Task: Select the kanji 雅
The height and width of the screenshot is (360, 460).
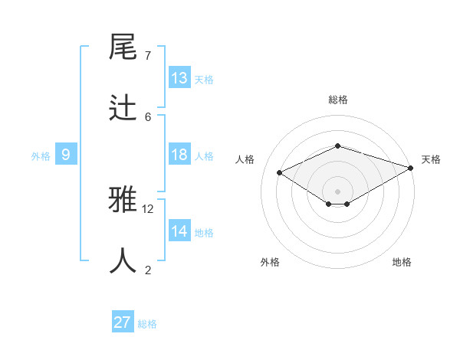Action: pyautogui.click(x=123, y=200)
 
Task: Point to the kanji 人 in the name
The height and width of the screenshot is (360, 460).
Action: pyautogui.click(x=123, y=260)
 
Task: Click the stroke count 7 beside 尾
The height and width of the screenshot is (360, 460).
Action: pyautogui.click(x=148, y=55)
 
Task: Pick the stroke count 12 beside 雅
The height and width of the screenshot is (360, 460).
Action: pyautogui.click(x=148, y=208)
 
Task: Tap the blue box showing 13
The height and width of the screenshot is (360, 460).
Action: pyautogui.click(x=179, y=78)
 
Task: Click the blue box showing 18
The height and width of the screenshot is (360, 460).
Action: pyautogui.click(x=179, y=155)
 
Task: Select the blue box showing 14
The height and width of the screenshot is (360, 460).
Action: pyautogui.click(x=179, y=231)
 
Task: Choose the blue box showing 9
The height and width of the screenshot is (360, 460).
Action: pyautogui.click(x=66, y=155)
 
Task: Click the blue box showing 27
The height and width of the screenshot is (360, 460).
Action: pyautogui.click(x=123, y=322)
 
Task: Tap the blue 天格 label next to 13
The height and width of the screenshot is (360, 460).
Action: pyautogui.click(x=204, y=80)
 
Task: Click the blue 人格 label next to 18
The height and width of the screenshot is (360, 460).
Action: pyautogui.click(x=204, y=156)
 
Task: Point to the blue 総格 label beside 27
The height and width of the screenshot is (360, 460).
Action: pyautogui.click(x=147, y=324)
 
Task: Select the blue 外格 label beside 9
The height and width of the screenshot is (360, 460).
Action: pyautogui.click(x=41, y=156)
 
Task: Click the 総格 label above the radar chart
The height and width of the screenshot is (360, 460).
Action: pyautogui.click(x=337, y=100)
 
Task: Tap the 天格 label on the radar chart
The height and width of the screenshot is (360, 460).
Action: pyautogui.click(x=432, y=159)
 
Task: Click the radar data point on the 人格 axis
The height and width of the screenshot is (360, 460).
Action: pyautogui.click(x=280, y=173)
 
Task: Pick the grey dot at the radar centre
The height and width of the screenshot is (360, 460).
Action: pyautogui.click(x=337, y=191)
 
